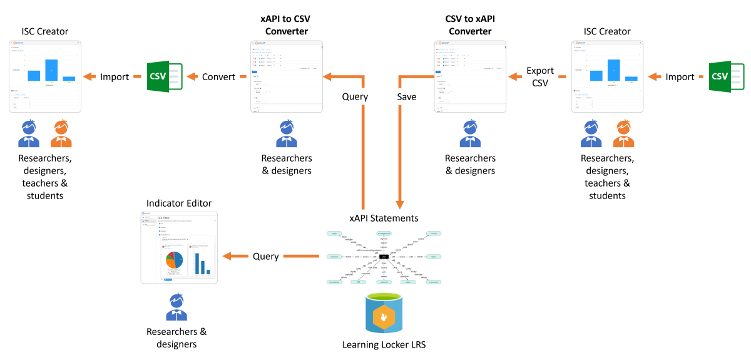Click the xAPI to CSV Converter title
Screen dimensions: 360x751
click(x=285, y=25)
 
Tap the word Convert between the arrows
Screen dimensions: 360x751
click(x=218, y=77)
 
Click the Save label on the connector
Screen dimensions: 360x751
click(x=407, y=97)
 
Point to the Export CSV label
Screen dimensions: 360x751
click(x=540, y=77)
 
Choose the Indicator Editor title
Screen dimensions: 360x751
click(x=179, y=203)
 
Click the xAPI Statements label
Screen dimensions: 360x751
click(x=384, y=218)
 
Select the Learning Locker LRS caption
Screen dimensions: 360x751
click(x=384, y=344)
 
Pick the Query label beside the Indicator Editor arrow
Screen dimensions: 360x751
click(x=265, y=256)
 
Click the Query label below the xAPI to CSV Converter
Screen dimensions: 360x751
click(x=355, y=97)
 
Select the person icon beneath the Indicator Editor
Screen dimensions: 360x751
click(x=177, y=306)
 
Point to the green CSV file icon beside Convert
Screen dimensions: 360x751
click(x=163, y=77)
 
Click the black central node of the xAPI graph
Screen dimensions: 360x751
click(x=384, y=257)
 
